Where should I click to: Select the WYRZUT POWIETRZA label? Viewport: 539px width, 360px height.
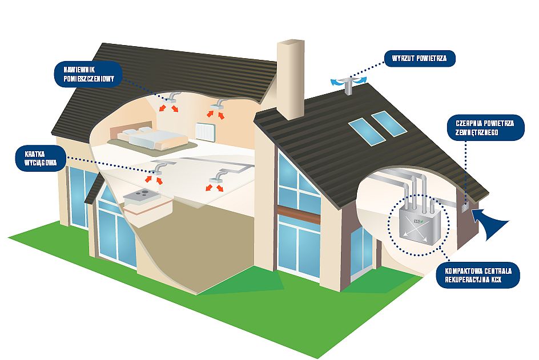[420, 59]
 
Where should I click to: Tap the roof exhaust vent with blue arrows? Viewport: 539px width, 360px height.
[348, 83]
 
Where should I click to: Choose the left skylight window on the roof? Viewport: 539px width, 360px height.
[363, 129]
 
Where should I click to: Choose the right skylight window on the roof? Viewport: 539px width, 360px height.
[388, 123]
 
